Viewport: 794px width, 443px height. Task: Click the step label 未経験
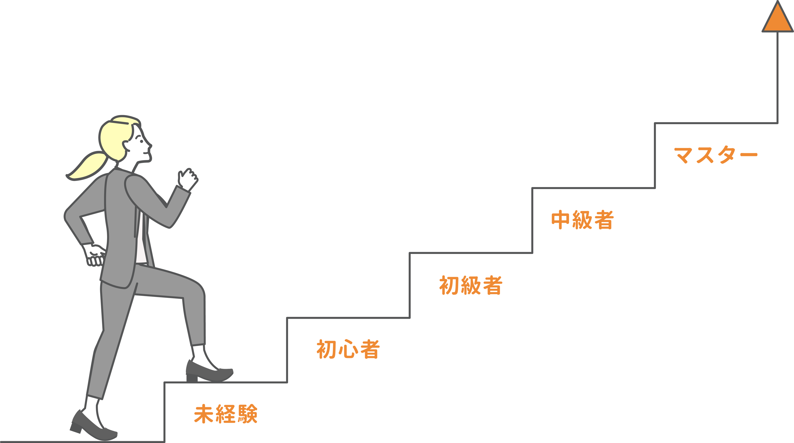226,414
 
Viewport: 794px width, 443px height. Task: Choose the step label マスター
715,155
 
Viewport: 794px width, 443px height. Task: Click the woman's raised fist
188,179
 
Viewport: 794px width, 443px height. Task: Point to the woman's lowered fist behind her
94,255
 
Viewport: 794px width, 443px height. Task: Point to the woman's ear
126,145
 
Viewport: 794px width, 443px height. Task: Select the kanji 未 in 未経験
203,414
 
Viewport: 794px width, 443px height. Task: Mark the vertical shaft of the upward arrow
777,77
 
